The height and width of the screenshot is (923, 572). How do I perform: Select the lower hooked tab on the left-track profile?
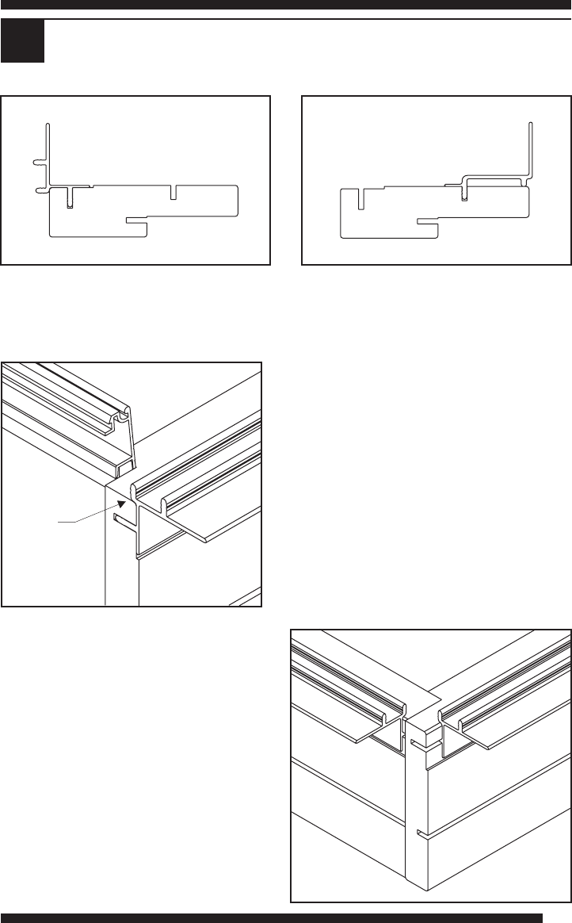point(40,190)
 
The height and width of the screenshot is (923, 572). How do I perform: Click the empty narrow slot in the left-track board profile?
point(174,192)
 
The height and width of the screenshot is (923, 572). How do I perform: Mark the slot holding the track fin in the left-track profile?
point(70,198)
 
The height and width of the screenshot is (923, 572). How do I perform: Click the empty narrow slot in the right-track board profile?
point(360,198)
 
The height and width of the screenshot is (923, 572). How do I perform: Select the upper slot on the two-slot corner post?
point(415,741)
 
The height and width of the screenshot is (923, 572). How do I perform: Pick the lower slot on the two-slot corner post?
point(417,832)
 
